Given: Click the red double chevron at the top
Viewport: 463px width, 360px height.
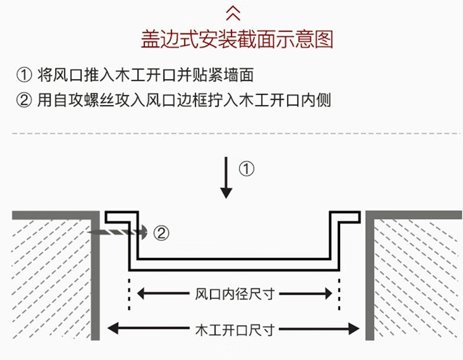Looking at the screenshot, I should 232,12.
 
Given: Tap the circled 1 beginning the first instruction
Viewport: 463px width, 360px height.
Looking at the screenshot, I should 23,76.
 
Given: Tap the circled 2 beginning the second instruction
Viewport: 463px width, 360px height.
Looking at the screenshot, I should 23,100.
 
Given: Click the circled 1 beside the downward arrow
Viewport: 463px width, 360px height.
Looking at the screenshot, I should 246,169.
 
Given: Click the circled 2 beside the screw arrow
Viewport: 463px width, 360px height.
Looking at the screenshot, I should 159,233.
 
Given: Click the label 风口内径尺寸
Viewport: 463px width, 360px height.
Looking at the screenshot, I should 233,293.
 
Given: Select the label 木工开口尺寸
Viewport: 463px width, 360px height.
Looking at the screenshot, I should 233,328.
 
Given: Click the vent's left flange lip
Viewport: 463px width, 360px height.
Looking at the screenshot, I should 117,217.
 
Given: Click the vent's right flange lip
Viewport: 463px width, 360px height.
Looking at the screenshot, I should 347,217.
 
